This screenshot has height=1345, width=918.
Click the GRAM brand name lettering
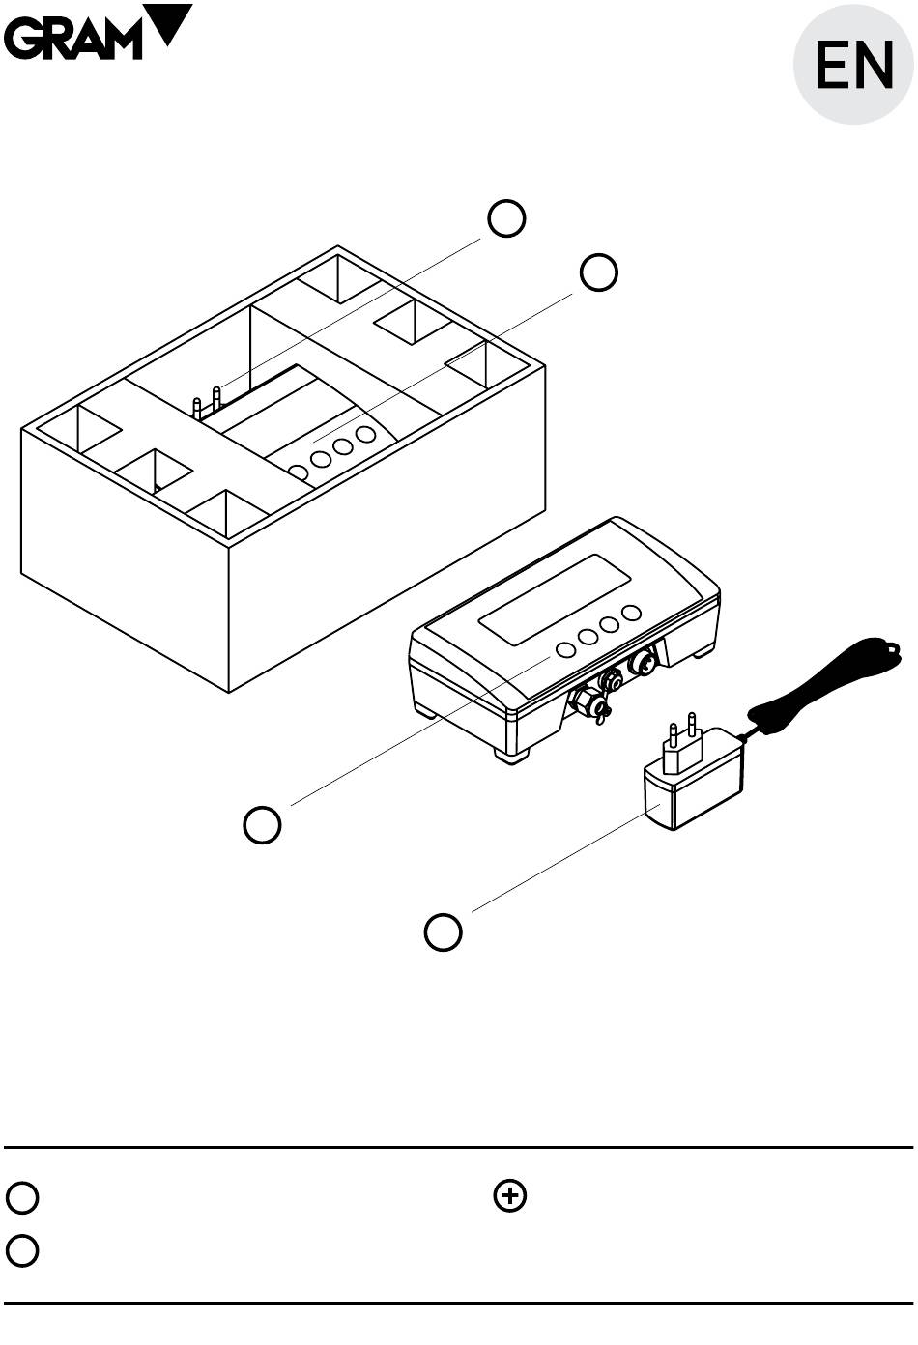click(72, 39)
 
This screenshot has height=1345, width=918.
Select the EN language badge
click(854, 66)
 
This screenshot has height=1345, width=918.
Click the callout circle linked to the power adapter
click(444, 931)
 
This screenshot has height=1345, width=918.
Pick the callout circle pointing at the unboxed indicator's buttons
click(262, 824)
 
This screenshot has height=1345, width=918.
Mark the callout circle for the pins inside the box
click(506, 218)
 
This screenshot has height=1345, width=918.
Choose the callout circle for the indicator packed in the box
click(598, 272)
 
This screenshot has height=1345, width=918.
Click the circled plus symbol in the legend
click(510, 1196)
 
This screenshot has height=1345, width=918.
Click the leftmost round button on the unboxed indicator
click(565, 649)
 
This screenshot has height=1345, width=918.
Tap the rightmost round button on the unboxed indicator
click(632, 613)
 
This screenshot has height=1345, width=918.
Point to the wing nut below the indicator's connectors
click(600, 714)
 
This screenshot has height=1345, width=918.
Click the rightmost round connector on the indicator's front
click(641, 663)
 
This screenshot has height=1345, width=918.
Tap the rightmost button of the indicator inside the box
click(365, 434)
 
